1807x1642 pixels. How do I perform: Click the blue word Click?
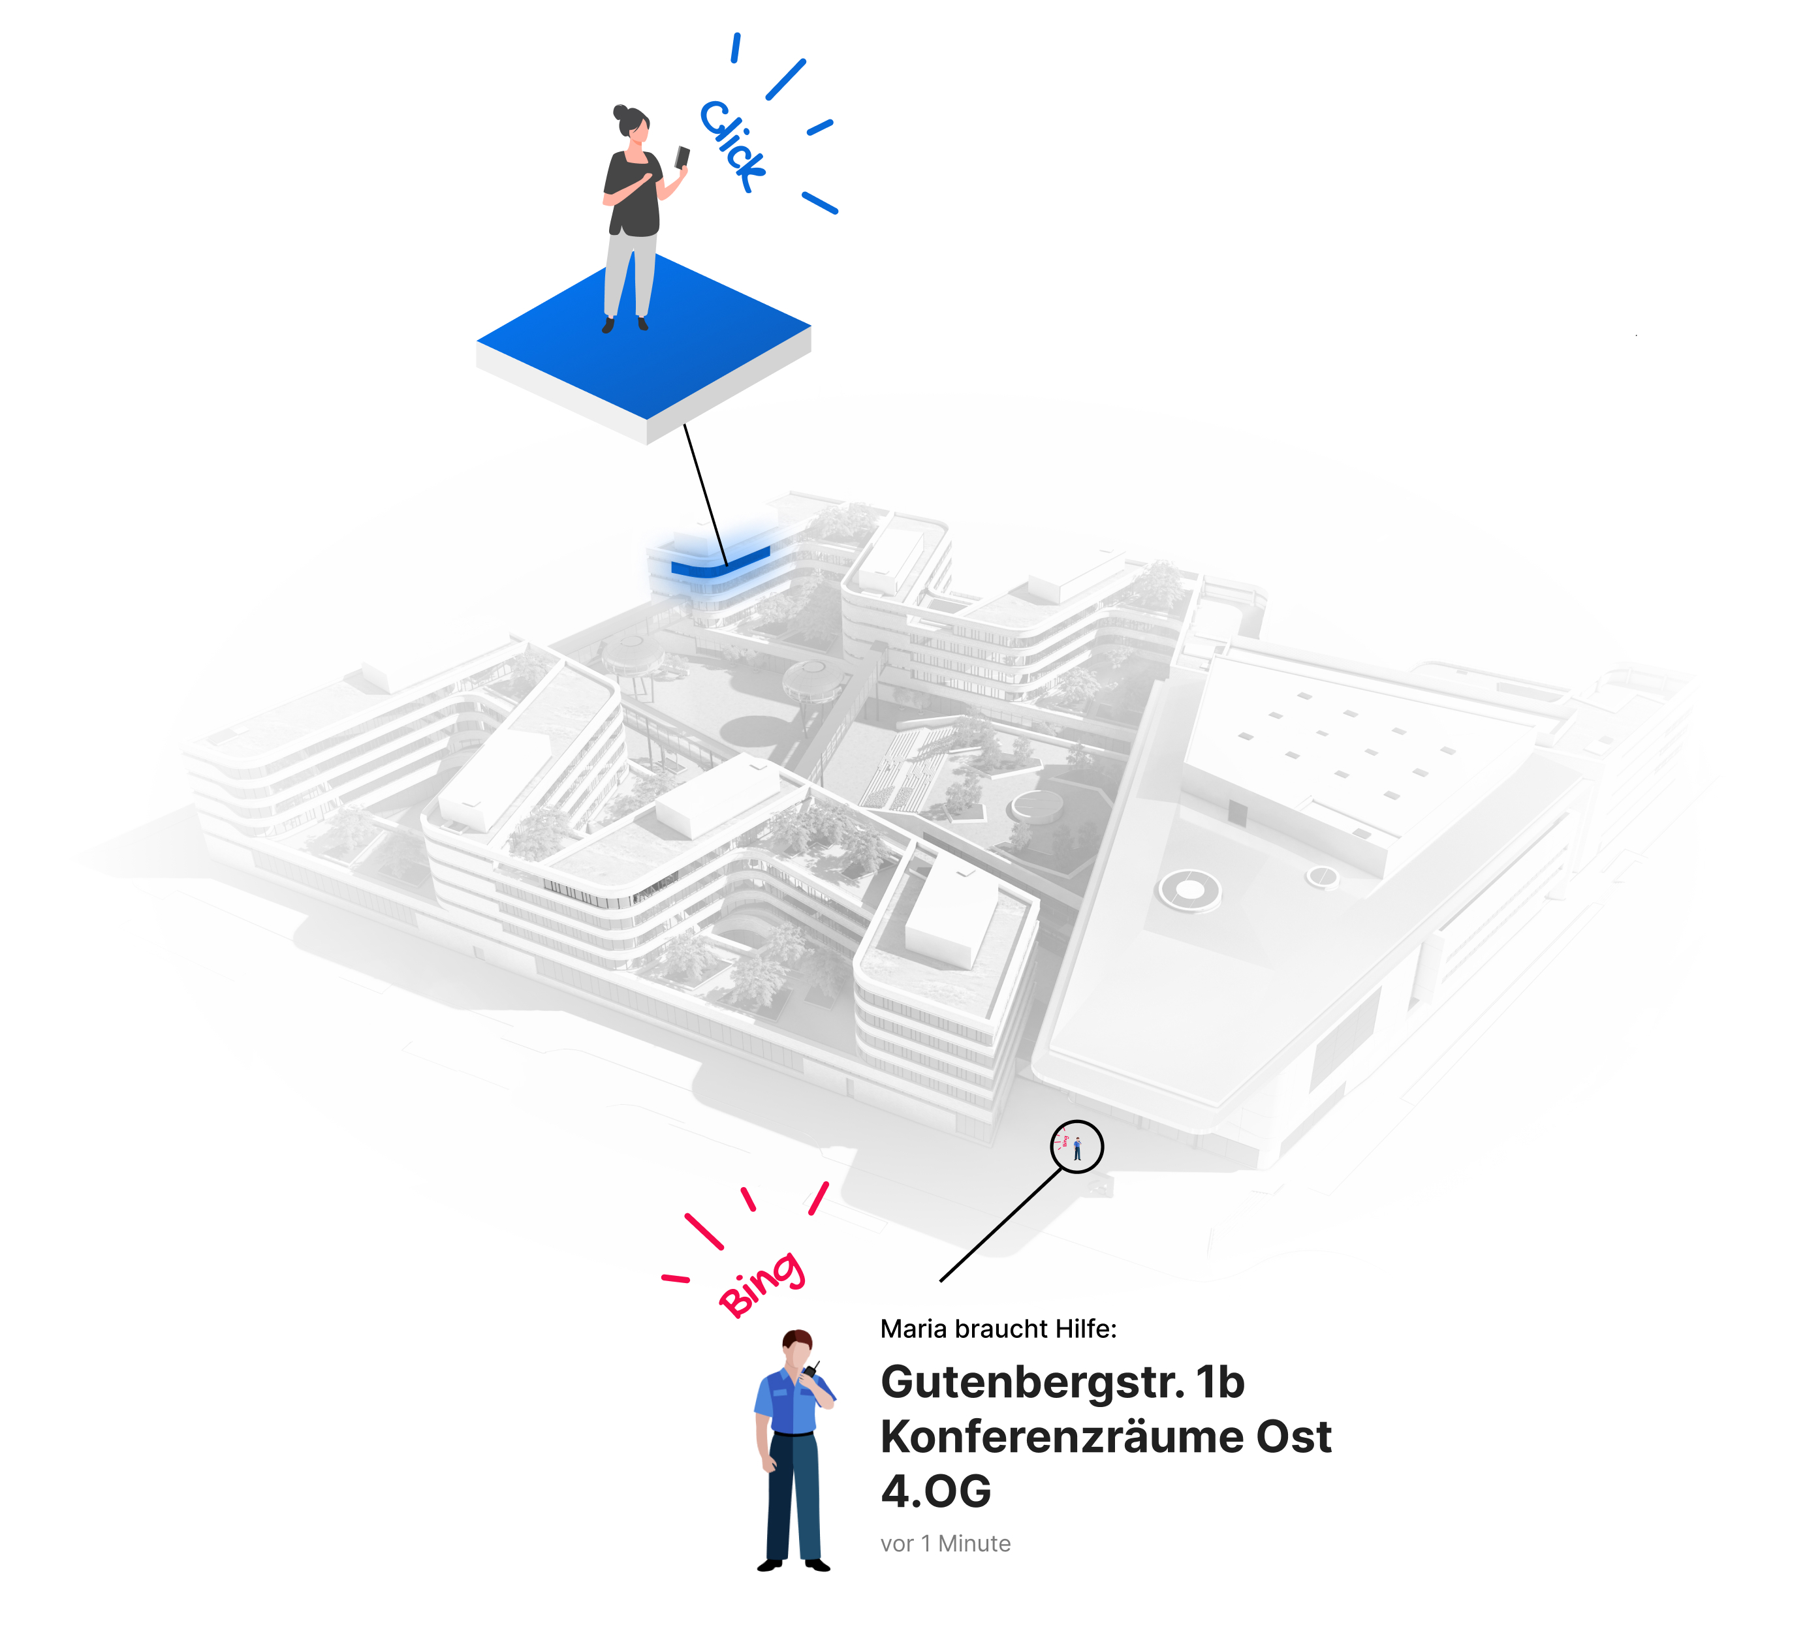732,146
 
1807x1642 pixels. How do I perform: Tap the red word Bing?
761,1284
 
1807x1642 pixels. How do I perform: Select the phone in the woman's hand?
682,158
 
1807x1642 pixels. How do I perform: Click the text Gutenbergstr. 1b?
1063,1382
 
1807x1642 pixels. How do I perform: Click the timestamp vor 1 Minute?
946,1543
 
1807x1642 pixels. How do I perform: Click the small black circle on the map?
1076,1147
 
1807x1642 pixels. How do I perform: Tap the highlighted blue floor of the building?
720,563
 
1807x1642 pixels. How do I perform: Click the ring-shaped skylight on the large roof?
1189,891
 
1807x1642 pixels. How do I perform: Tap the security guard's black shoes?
793,1565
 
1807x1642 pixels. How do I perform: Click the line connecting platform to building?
706,495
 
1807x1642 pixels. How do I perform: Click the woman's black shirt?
633,194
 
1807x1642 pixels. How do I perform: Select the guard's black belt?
793,1434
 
